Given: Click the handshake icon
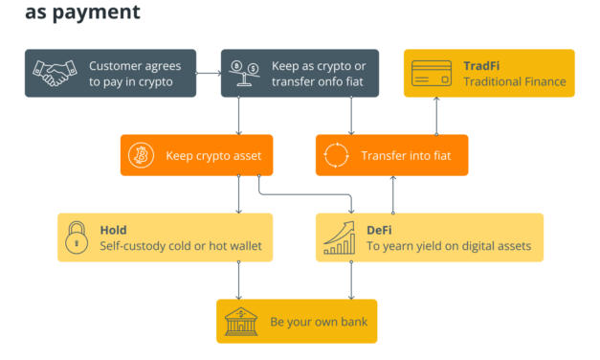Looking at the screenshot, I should click(55, 73).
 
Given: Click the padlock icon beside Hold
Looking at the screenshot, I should click(77, 237).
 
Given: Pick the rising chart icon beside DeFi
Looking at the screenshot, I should click(339, 237).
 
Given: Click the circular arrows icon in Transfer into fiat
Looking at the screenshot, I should click(337, 154).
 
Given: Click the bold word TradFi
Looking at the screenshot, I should click(481, 65).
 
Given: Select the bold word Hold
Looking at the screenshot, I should click(113, 230).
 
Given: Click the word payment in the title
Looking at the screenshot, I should click(95, 12).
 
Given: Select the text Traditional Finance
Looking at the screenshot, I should click(514, 81).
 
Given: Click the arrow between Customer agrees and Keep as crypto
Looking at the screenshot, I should click(208, 73).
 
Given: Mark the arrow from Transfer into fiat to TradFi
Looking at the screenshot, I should click(437, 115).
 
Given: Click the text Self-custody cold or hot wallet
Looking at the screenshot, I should click(180, 246).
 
